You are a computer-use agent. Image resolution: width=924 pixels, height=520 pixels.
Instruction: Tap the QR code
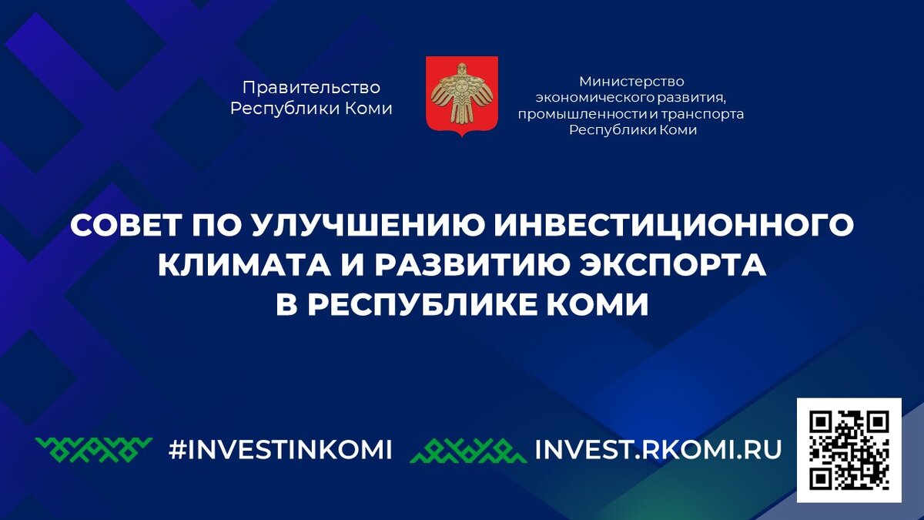click(x=849, y=450)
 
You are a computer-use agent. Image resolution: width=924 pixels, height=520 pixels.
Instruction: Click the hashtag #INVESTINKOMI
click(x=280, y=449)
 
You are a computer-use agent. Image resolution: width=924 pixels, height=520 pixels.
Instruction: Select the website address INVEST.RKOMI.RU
click(x=658, y=449)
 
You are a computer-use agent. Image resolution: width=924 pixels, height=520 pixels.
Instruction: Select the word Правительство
click(x=311, y=89)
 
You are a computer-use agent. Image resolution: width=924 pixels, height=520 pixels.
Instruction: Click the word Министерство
click(x=631, y=81)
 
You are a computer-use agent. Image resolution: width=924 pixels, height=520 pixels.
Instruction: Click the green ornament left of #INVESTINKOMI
click(x=95, y=449)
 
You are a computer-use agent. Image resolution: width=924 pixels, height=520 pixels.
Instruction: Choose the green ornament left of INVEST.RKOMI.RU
click(x=468, y=450)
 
